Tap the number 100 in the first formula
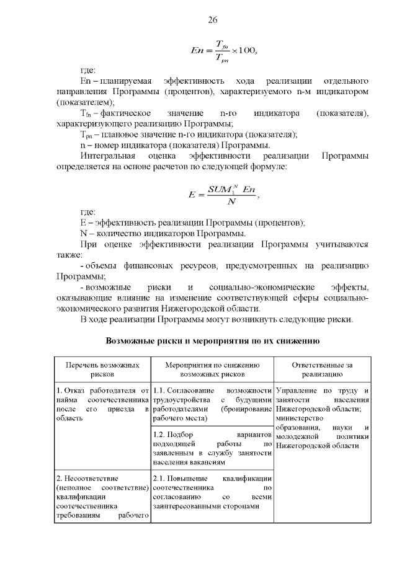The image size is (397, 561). tap(246, 50)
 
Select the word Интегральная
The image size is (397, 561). tap(108, 156)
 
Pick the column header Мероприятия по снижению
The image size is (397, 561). tap(212, 369)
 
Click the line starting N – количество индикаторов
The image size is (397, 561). tap(163, 234)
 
